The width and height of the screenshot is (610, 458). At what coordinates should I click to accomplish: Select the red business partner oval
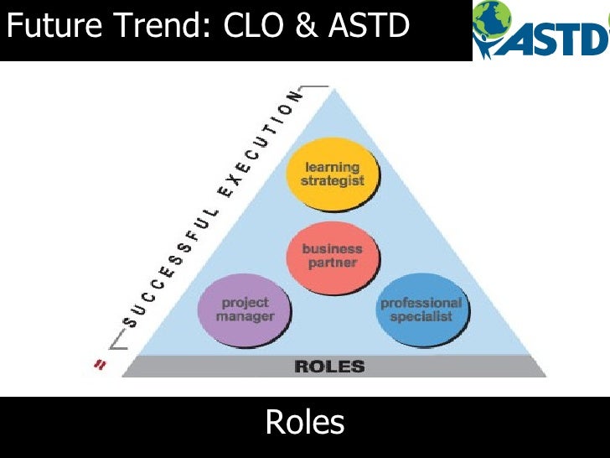tap(333, 256)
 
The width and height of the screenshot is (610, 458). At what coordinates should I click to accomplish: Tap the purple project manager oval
tap(245, 310)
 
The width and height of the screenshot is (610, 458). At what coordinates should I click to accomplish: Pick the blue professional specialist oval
tap(421, 310)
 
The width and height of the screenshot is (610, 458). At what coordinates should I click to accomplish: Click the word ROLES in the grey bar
tap(329, 367)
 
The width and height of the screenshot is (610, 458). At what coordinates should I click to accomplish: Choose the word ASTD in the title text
tap(369, 27)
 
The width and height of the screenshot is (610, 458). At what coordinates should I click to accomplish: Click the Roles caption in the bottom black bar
tap(305, 422)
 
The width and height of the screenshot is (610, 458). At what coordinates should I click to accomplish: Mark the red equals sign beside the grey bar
tap(100, 365)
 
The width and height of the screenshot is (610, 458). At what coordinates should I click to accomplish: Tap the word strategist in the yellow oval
tap(333, 181)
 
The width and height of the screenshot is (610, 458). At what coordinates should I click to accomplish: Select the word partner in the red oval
tap(333, 263)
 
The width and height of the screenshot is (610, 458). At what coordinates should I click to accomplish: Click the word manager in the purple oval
tap(245, 317)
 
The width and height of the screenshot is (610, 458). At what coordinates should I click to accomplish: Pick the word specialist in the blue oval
tap(421, 317)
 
